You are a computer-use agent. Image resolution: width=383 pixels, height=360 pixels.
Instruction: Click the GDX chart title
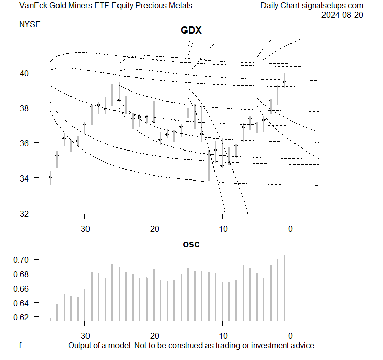(x=191, y=31)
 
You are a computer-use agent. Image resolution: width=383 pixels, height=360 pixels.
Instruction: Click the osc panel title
(x=191, y=244)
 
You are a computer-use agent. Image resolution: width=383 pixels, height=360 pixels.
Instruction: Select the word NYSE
(x=30, y=24)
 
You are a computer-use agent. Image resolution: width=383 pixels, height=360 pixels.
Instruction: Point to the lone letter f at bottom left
(x=20, y=346)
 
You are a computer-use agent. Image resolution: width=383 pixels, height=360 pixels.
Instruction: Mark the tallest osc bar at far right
(x=284, y=288)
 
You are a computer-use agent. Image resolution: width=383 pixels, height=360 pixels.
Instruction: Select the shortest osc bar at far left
(x=50, y=319)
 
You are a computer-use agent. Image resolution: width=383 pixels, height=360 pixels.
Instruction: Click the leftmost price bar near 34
(x=50, y=177)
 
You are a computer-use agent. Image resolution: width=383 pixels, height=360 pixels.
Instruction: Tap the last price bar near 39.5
(x=284, y=80)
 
